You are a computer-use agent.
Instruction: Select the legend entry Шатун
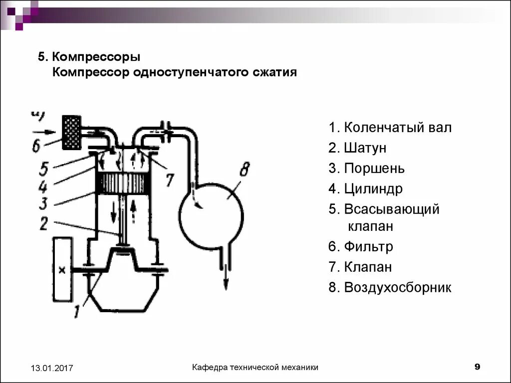[364, 148]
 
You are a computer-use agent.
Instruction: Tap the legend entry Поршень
[374, 169]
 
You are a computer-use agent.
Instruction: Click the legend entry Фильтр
[368, 247]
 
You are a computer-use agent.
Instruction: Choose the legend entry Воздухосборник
[397, 288]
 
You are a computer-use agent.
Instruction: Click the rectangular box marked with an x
[62, 270]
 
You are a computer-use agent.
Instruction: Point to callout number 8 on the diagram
[244, 169]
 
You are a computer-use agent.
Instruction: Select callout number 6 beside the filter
[35, 145]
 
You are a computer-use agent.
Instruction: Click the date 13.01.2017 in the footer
[52, 369]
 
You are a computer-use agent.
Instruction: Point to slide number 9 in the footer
[477, 367]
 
